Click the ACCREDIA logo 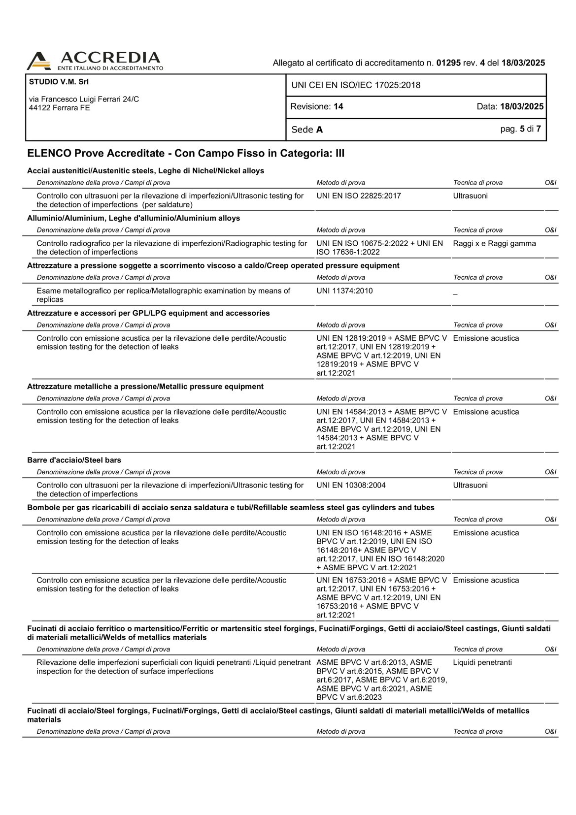pos(95,61)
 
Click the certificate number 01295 pos(448,63)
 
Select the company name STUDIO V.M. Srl pos(59,82)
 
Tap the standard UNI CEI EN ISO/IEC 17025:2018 pos(356,85)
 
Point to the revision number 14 pos(338,106)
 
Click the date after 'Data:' pos(522,106)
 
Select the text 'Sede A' pos(307,130)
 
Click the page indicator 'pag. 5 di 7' pos(520,129)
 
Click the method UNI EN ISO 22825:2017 pos(359,196)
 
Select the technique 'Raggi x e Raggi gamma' pos(494,243)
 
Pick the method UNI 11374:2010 pos(344,291)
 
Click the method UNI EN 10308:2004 pos(351,486)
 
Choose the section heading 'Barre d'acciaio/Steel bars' pos(74,460)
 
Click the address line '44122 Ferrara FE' pos(59,108)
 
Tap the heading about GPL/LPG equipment pos(148,313)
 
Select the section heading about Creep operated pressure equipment pos(213,266)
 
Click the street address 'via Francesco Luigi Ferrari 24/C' pos(84,99)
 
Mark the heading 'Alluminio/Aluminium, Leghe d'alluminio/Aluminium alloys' pos(134,218)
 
